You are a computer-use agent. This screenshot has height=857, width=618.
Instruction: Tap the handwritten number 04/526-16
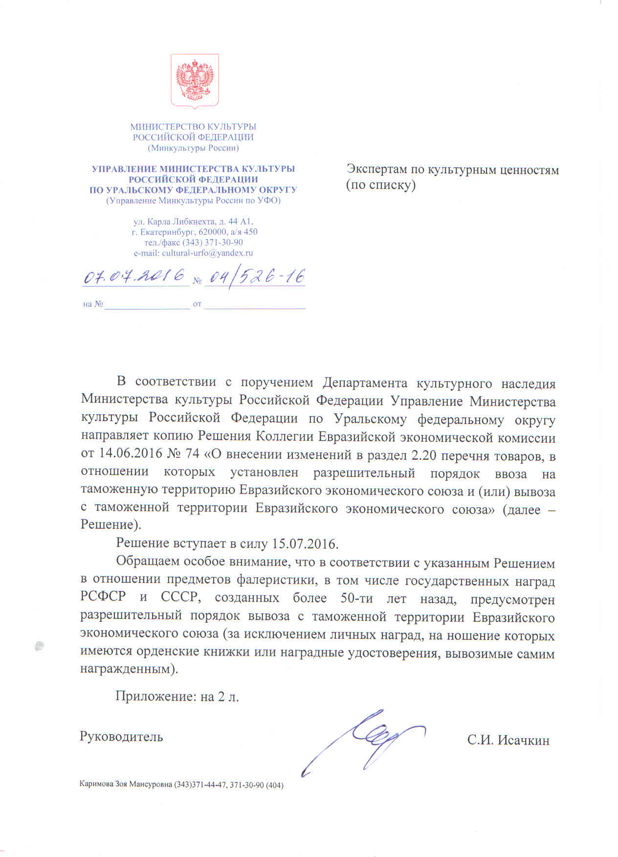coord(255,277)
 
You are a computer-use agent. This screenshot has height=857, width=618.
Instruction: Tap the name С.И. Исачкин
coord(508,740)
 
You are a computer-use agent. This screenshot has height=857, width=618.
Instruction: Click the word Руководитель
coord(121,736)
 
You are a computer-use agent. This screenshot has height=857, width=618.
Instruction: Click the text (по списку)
coord(381,185)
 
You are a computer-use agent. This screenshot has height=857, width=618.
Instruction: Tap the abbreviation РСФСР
coord(103,597)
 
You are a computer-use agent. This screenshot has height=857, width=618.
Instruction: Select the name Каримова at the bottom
coord(96,785)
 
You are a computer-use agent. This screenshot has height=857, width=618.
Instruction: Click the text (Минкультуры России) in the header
coord(193,148)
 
